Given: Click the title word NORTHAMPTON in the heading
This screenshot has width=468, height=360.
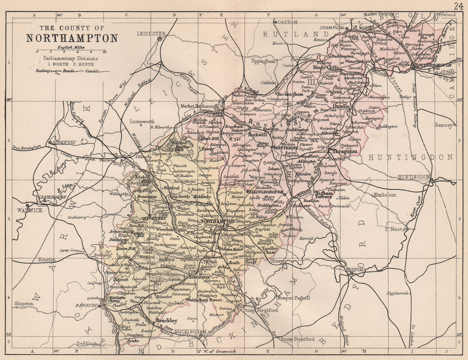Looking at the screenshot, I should [x=72, y=38].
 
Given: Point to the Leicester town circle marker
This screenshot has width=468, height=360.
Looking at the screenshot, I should [x=160, y=39].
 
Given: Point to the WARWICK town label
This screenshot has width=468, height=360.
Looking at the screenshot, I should [x=30, y=210].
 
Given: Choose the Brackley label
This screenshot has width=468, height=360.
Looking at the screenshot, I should [x=166, y=320].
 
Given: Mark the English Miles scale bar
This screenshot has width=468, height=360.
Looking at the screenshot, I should [x=71, y=51].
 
